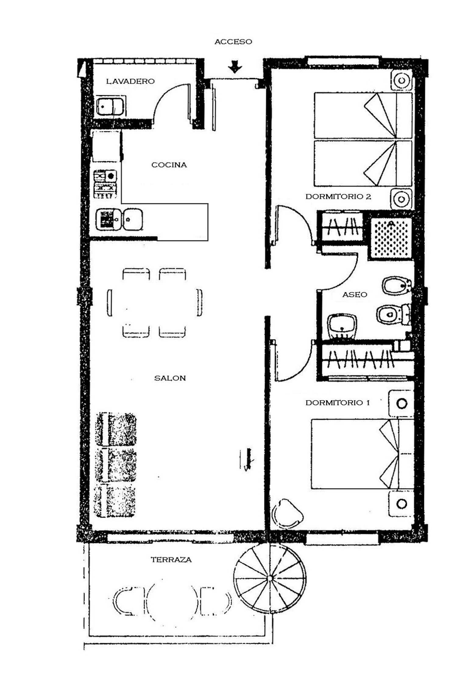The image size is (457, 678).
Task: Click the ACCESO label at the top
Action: point(233,42)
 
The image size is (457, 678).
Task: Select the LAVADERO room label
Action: point(130,81)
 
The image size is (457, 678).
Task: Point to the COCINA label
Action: point(169,165)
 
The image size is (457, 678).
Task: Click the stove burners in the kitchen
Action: point(105,184)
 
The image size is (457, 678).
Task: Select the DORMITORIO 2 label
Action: point(338,197)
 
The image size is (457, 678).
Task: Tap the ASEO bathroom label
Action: point(355,295)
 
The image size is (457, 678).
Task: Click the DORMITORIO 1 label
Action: point(338,403)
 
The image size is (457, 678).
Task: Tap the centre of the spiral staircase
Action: point(270,578)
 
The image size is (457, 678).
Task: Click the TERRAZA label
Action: point(171,560)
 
